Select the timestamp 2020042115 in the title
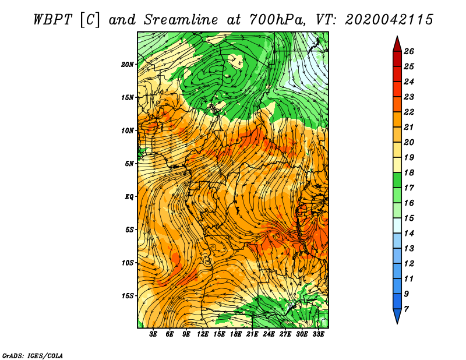pyautogui.click(x=389, y=19)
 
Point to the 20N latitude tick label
pyautogui.click(x=128, y=64)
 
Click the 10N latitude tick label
pyautogui.click(x=128, y=130)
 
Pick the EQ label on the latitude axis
pyautogui.click(x=129, y=196)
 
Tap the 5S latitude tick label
pyautogui.click(x=129, y=230)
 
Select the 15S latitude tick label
pyautogui.click(x=128, y=296)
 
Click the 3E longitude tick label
pyautogui.click(x=154, y=335)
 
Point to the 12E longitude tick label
pyautogui.click(x=203, y=335)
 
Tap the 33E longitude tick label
pyautogui.click(x=319, y=335)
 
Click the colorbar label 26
pyautogui.click(x=409, y=51)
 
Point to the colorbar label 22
pyautogui.click(x=409, y=112)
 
